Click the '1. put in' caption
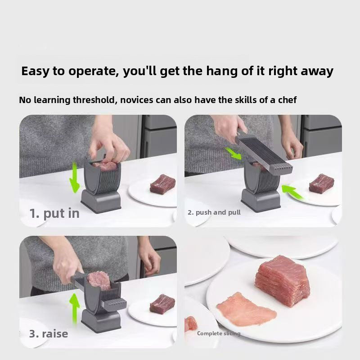pyautogui.click(x=54, y=213)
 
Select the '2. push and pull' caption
pyautogui.click(x=214, y=212)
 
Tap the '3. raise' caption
pyautogui.click(x=48, y=334)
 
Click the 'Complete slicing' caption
pyautogui.click(x=218, y=333)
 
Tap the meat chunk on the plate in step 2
pyautogui.click(x=321, y=184)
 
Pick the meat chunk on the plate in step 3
pyautogui.click(x=162, y=304)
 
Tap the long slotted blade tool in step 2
pyautogui.click(x=263, y=153)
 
